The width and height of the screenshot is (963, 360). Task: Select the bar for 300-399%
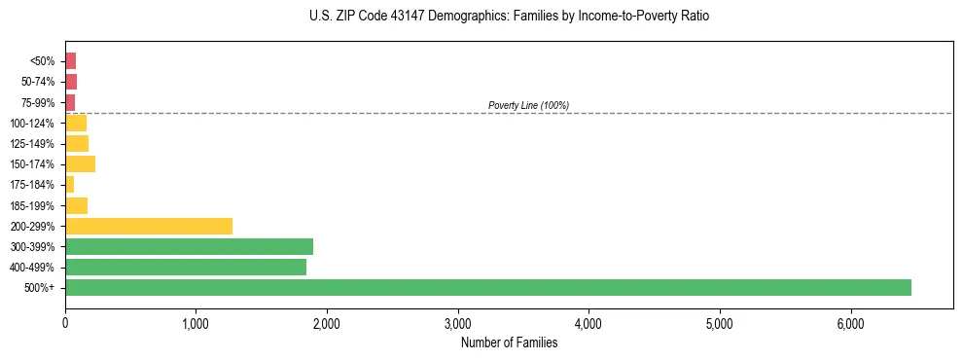pos(189,246)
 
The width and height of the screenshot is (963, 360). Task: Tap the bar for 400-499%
pos(186,267)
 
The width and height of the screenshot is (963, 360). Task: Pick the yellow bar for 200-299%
pos(149,226)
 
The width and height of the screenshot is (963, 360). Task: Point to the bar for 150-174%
pos(80,164)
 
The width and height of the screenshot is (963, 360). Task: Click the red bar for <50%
pos(70,61)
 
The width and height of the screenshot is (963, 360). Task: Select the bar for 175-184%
pos(69,185)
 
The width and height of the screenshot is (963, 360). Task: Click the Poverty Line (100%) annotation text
pos(528,105)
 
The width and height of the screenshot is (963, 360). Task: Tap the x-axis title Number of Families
pos(509,342)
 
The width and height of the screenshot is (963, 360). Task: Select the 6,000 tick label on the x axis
pos(850,322)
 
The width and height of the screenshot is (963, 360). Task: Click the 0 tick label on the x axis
pos(65,322)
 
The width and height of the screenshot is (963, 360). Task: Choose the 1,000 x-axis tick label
pos(196,322)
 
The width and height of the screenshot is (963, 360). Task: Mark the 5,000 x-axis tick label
pos(720,322)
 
